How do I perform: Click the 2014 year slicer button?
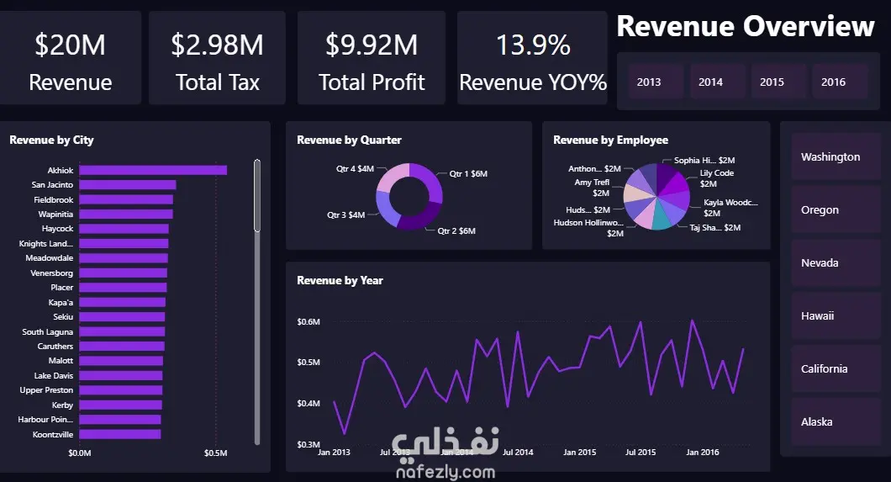click(x=710, y=82)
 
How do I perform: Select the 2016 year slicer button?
click(x=833, y=82)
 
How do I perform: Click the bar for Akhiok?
click(x=153, y=170)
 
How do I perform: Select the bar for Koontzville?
click(x=120, y=434)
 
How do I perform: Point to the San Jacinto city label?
click(x=52, y=184)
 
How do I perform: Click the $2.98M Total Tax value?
click(x=217, y=45)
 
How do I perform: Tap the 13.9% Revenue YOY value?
click(x=533, y=45)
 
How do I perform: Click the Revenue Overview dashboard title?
click(x=746, y=27)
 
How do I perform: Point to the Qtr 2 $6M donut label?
click(x=456, y=230)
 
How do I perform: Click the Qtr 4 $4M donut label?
click(x=355, y=169)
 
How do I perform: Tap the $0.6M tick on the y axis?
click(x=308, y=321)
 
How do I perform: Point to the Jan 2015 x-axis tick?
click(x=579, y=453)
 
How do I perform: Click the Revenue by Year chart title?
click(x=340, y=280)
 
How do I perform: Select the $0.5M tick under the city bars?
click(x=216, y=453)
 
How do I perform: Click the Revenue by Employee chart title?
click(x=610, y=140)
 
